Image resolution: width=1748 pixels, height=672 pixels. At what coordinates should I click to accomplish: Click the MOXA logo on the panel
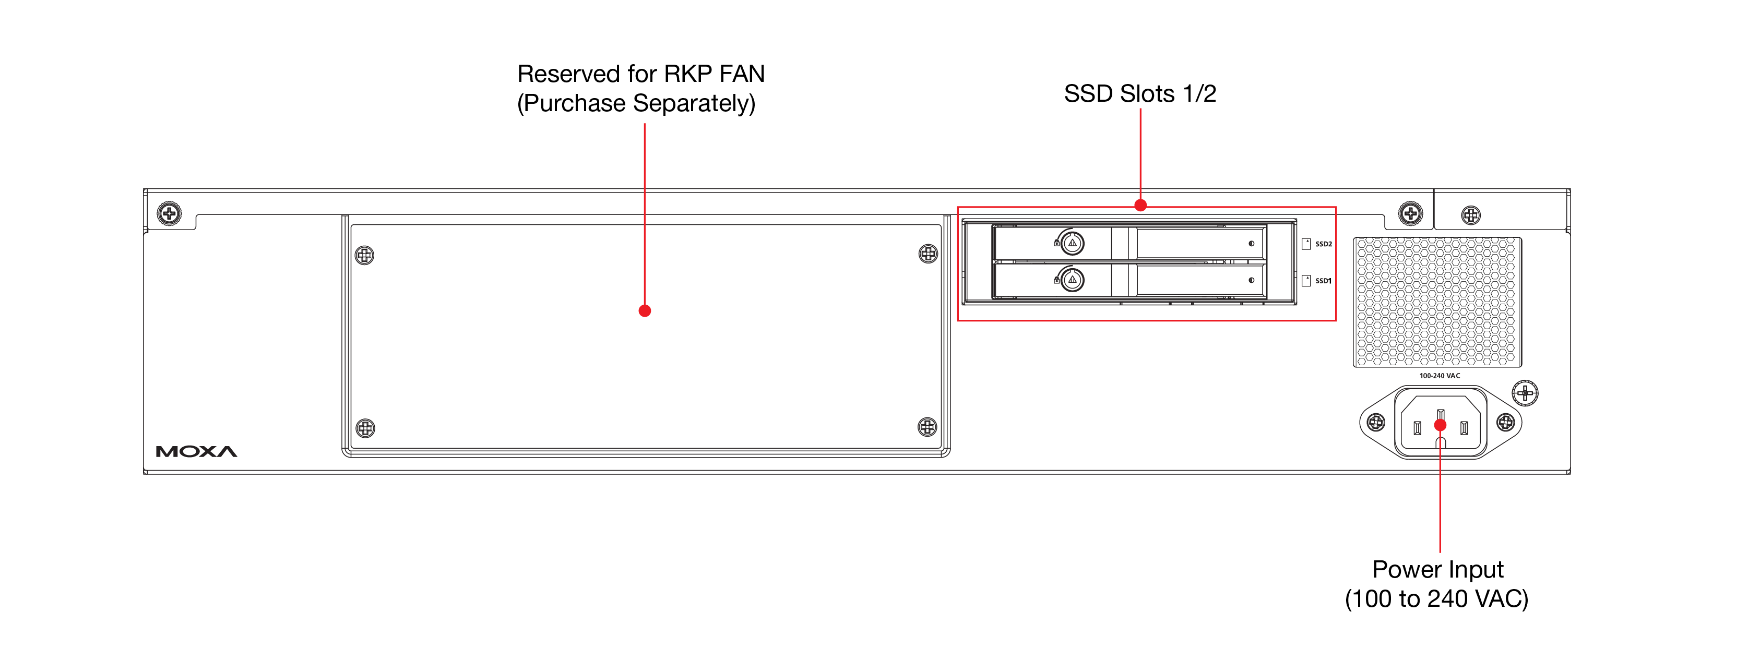point(196,452)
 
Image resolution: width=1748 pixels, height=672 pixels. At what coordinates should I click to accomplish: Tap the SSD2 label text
point(1323,244)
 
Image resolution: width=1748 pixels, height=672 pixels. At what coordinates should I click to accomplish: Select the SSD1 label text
point(1323,281)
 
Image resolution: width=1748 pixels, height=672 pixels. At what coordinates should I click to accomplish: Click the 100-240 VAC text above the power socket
point(1439,376)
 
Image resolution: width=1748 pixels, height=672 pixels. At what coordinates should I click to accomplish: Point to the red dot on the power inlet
point(1440,425)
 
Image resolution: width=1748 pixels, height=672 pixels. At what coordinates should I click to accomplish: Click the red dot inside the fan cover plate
point(645,310)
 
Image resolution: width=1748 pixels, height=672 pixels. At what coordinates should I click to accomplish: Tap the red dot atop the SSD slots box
point(1140,205)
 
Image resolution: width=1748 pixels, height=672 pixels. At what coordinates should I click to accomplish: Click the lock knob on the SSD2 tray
point(1072,243)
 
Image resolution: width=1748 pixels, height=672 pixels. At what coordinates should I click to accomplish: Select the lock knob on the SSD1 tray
point(1072,279)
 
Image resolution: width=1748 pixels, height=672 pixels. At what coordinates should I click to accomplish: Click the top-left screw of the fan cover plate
point(364,256)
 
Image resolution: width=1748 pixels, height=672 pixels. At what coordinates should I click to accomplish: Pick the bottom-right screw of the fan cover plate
point(927,427)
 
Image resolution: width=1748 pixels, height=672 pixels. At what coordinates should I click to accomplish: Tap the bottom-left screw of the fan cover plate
point(365,428)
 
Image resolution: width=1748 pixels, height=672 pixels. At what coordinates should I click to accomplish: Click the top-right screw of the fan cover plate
point(927,254)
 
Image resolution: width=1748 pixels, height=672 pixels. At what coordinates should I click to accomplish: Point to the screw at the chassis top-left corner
point(169,213)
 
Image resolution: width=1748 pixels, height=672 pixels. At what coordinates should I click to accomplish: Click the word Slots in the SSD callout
point(1147,93)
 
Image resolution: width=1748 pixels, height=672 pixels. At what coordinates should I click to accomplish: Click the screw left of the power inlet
point(1375,423)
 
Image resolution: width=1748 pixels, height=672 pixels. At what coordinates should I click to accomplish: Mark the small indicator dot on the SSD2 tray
point(1251,244)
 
